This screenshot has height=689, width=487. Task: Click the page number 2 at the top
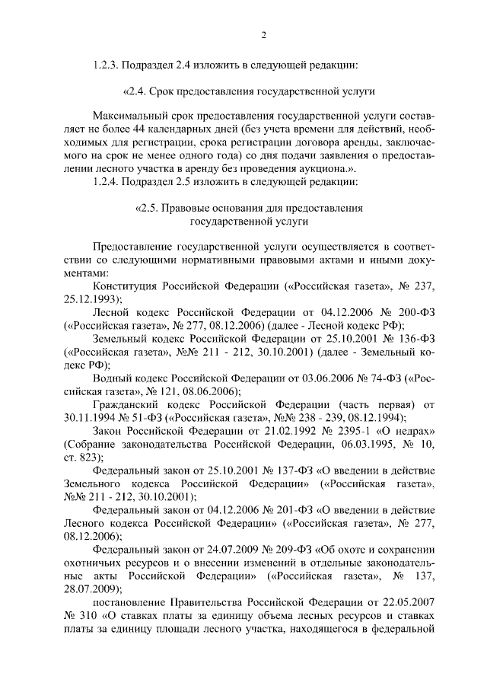coord(263,36)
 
